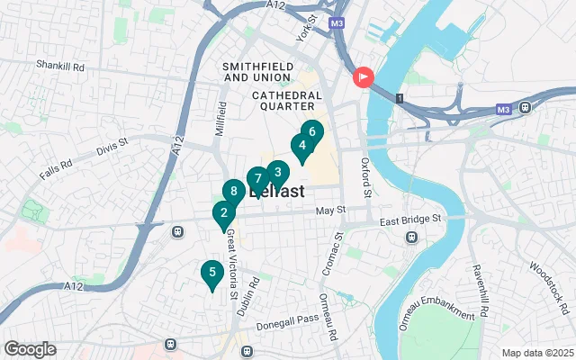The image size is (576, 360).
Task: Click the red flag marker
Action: pos(363,78)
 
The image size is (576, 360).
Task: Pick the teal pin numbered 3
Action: pos(277,173)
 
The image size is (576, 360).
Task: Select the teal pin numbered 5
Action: pos(211,273)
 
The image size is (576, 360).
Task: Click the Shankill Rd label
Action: pos(59,66)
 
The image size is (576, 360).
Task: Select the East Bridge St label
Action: pos(411,219)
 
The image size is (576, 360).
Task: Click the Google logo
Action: pos(30,349)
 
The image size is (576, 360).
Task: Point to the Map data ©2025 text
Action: pos(536,353)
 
